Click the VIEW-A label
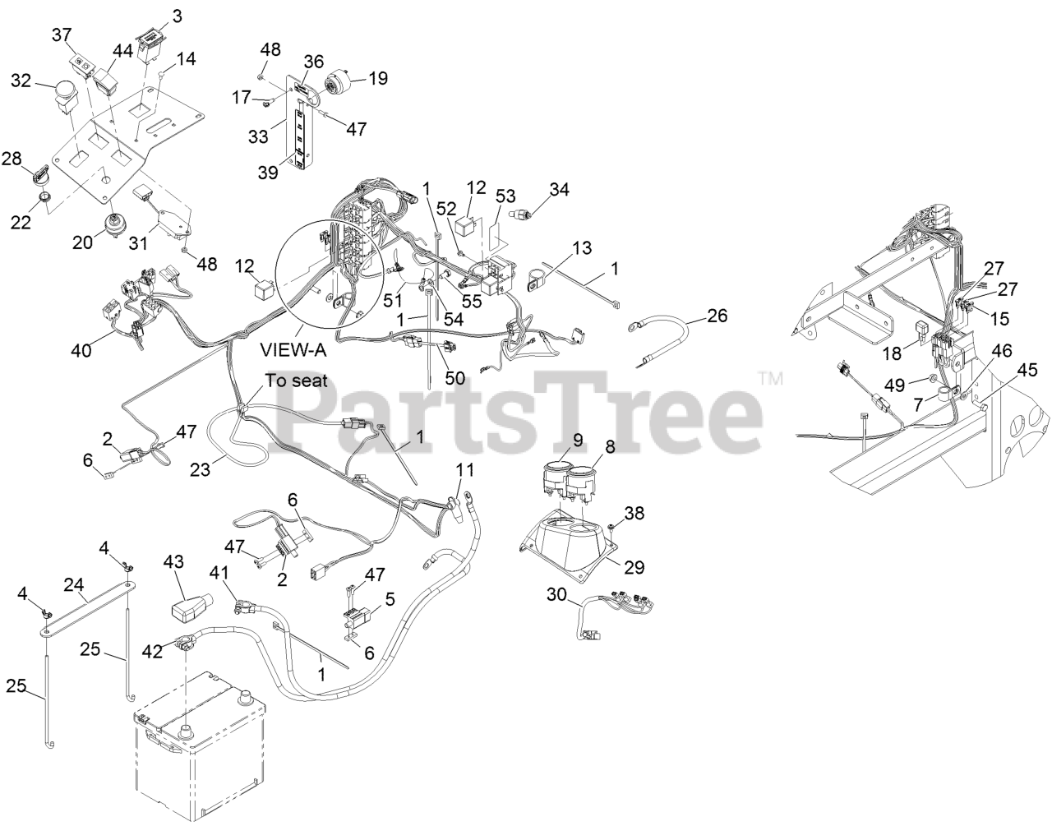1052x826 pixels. (294, 351)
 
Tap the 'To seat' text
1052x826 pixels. (296, 381)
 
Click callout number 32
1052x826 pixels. (21, 80)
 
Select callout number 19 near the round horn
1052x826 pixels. (378, 79)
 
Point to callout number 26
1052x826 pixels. (717, 316)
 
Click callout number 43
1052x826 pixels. (173, 561)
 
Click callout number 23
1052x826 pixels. (201, 468)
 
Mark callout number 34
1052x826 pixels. (559, 190)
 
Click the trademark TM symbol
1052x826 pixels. (770, 379)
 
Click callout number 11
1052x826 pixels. (465, 471)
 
